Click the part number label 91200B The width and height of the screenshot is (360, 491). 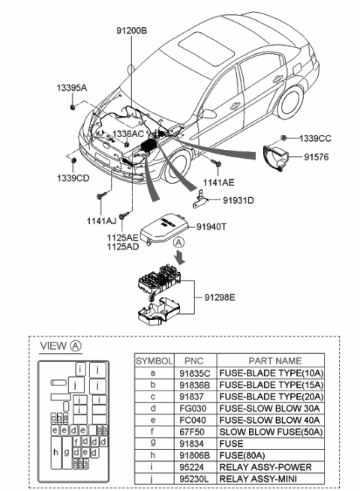[x=131, y=31]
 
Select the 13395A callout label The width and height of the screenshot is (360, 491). [x=71, y=88]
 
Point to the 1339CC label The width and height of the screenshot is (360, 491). [x=315, y=138]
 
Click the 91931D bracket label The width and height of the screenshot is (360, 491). [x=238, y=200]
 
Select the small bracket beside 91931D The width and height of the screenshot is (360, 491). [x=200, y=199]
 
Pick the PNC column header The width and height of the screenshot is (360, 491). [x=193, y=361]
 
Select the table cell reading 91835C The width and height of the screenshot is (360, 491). [x=193, y=373]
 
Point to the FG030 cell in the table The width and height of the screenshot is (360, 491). [x=193, y=408]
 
